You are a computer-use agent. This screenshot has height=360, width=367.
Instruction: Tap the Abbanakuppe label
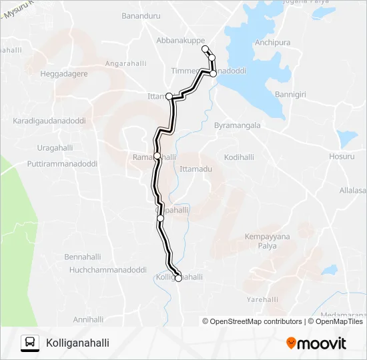tap(180, 41)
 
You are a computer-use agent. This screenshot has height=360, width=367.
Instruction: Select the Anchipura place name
tap(273, 43)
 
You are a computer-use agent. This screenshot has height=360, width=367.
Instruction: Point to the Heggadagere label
tap(64, 74)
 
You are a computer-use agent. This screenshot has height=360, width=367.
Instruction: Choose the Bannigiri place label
tap(290, 95)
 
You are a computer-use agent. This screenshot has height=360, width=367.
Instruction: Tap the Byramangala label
tap(237, 125)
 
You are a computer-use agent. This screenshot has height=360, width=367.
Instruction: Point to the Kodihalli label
tap(240, 157)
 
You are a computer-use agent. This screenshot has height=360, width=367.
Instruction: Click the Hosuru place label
tap(342, 157)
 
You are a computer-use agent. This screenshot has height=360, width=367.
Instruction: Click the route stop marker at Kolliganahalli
tap(178, 279)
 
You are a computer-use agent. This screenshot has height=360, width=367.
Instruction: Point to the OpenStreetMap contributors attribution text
tap(252, 321)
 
